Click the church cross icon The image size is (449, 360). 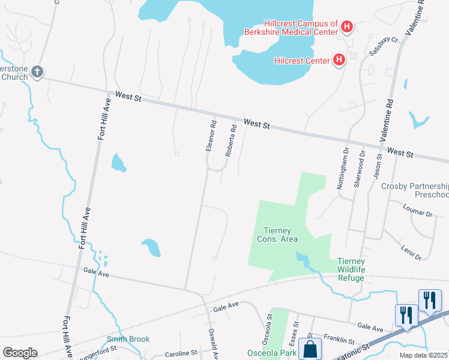click(x=37, y=72)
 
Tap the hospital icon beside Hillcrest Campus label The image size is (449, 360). click(x=346, y=26)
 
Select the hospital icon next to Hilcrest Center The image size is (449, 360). click(x=339, y=59)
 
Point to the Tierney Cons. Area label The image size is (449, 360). click(x=281, y=234)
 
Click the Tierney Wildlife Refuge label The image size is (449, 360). click(x=360, y=265)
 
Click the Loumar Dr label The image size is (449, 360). click(x=419, y=212)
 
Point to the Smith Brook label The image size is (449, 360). click(x=128, y=340)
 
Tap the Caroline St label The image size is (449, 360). click(x=181, y=353)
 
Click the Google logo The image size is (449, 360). click(x=20, y=352)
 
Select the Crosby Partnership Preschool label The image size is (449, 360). click(x=415, y=190)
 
